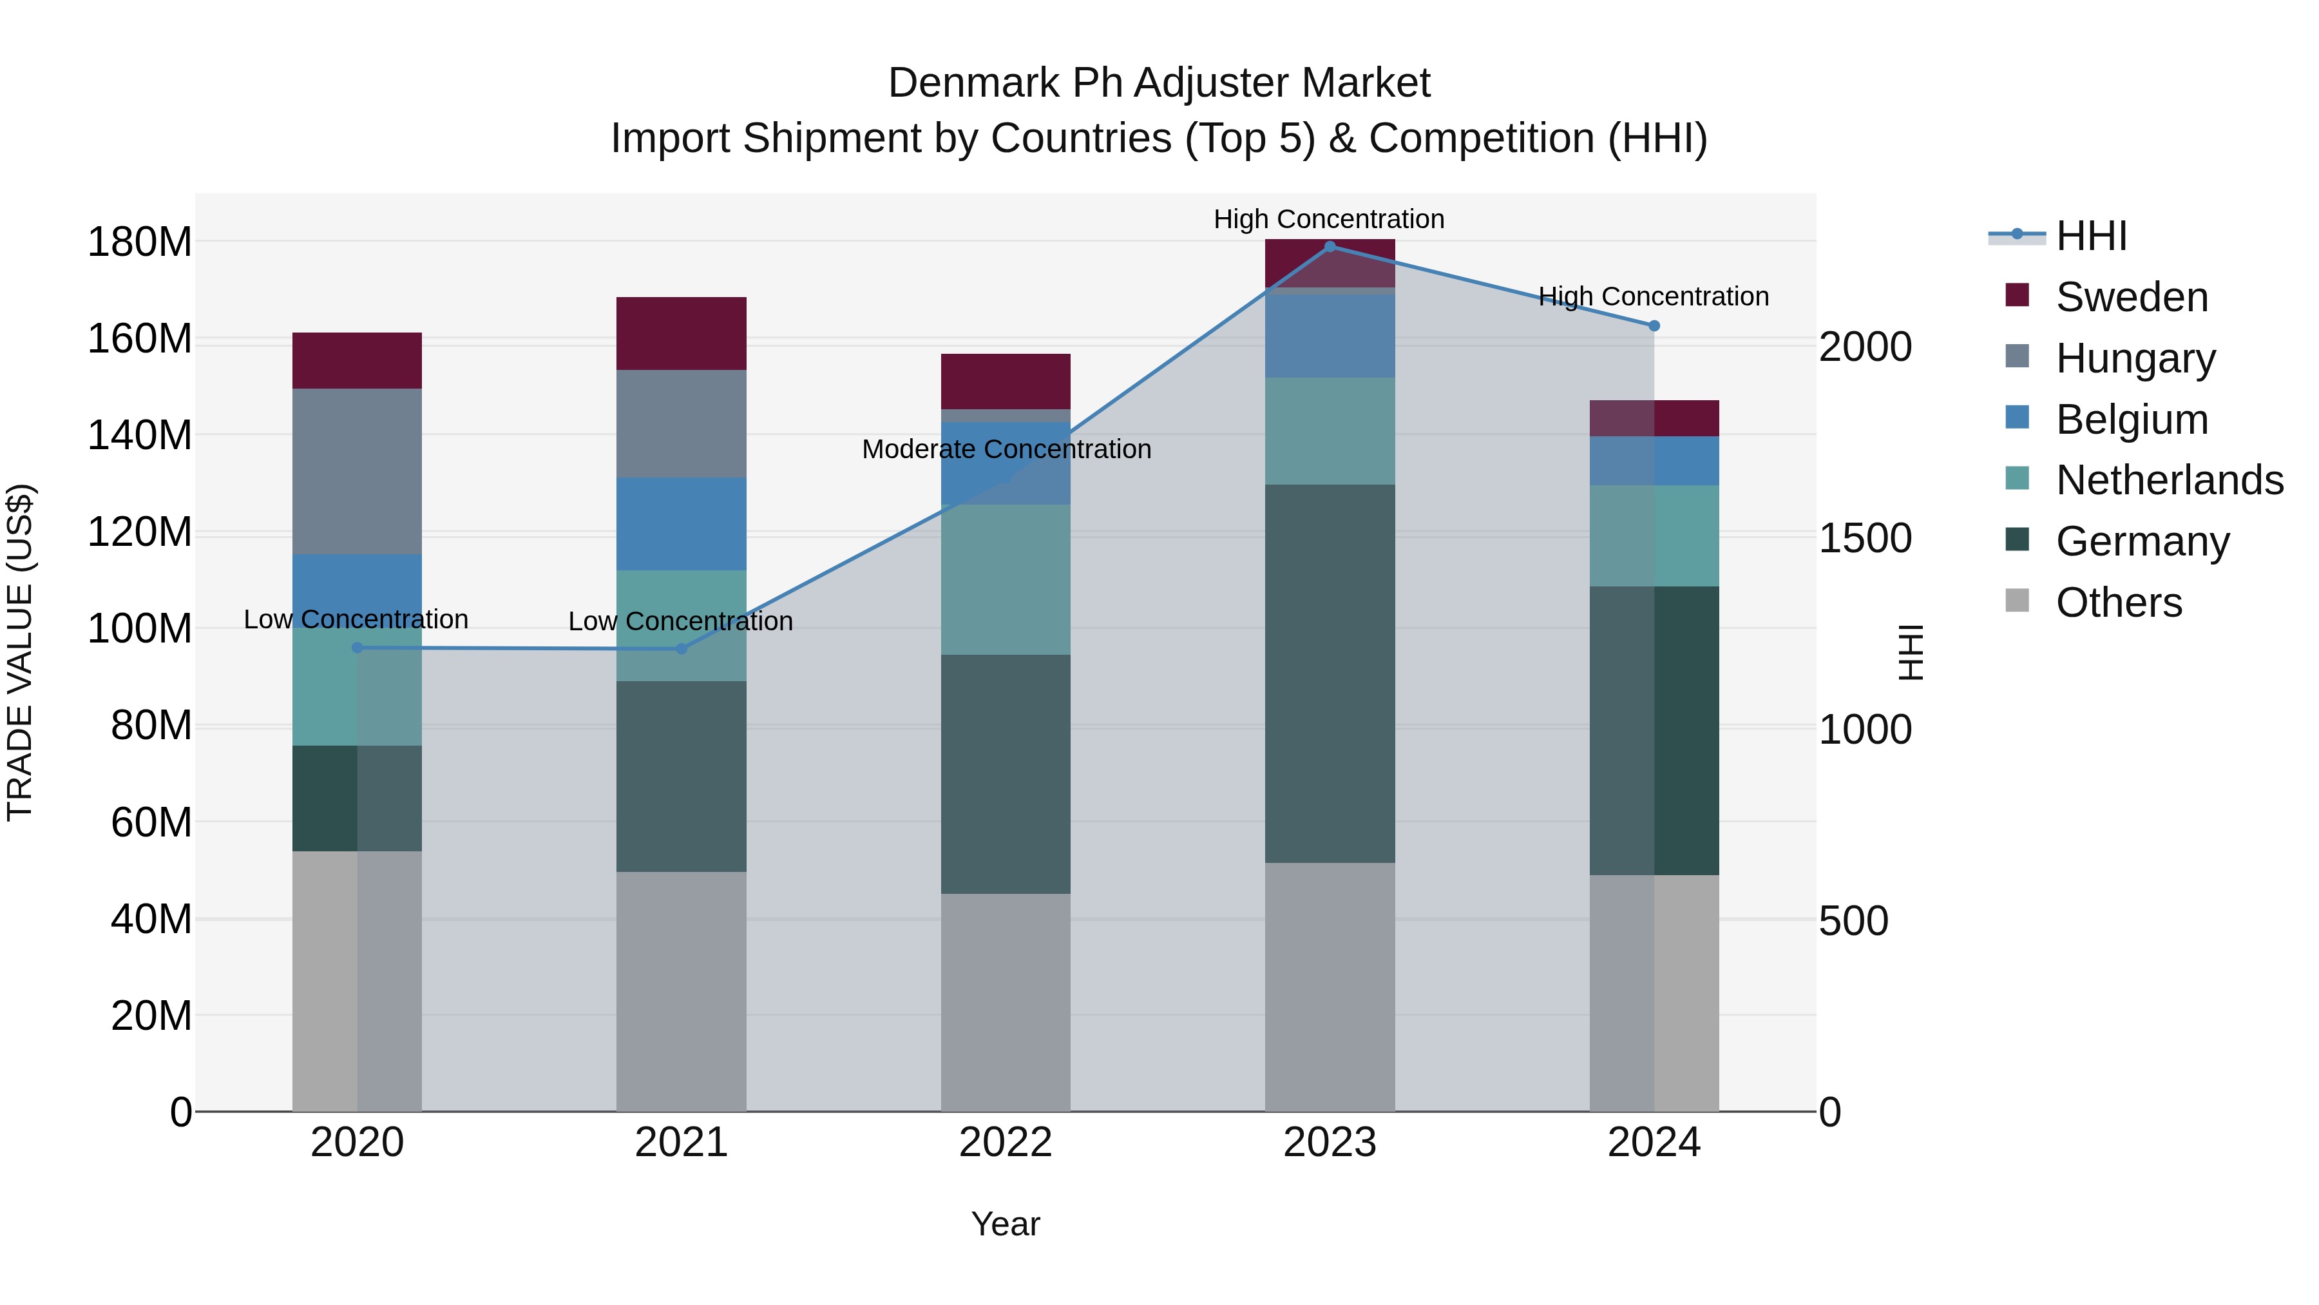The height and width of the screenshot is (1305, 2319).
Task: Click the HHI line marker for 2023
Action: coord(1330,247)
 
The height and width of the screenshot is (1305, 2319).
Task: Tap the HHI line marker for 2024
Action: coord(1654,326)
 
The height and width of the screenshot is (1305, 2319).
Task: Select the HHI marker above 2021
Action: coord(682,648)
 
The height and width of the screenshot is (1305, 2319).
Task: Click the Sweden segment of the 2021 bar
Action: coord(682,333)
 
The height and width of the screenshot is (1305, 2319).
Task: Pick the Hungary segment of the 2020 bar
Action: coord(358,471)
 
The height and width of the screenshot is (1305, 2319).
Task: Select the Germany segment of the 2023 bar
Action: coord(1330,673)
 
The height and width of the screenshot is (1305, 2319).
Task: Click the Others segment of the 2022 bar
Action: coord(1006,1001)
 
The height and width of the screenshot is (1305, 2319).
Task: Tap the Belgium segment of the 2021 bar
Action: coord(682,523)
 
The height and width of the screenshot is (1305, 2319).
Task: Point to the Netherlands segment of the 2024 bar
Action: coord(1654,536)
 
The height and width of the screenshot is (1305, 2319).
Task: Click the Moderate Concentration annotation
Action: coord(1006,449)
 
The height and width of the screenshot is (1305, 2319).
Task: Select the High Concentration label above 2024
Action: coord(1654,296)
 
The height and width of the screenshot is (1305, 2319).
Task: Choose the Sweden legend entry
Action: coord(2132,297)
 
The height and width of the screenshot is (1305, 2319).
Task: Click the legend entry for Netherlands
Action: coord(2169,480)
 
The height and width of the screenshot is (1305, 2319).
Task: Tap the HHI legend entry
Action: coord(2091,236)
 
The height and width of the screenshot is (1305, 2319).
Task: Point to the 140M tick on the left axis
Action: coord(140,436)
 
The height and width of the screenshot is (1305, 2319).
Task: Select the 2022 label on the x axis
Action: coord(1006,1143)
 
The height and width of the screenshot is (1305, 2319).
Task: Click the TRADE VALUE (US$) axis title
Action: coord(20,652)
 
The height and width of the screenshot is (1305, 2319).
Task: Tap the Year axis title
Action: coord(1006,1224)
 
